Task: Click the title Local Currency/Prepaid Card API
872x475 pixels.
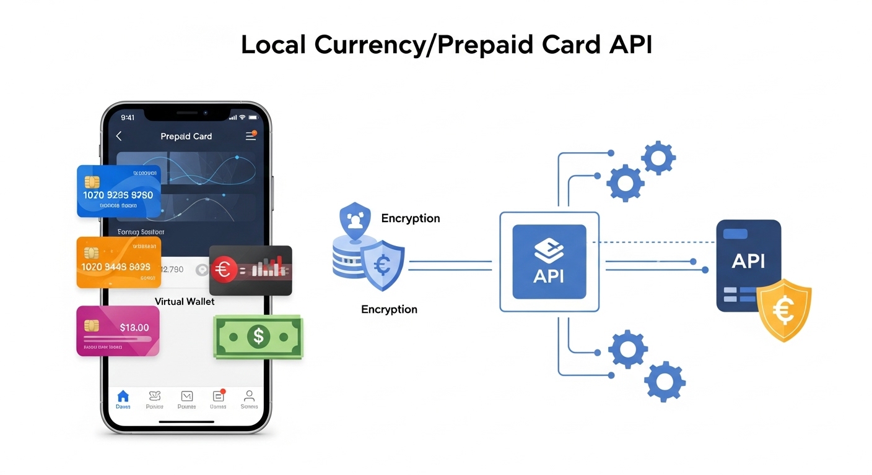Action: (x=447, y=45)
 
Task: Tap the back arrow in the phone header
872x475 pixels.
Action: (x=119, y=136)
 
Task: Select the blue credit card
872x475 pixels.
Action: (x=118, y=191)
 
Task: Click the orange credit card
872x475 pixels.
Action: (x=118, y=262)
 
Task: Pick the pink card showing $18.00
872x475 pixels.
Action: (x=118, y=331)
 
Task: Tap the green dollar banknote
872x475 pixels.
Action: (x=258, y=336)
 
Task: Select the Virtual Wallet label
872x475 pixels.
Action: (x=185, y=301)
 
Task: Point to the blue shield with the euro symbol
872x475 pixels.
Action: (x=383, y=266)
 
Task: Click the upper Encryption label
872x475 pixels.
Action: (x=410, y=218)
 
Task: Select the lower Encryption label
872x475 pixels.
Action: (x=389, y=309)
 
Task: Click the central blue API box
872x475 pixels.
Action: (x=549, y=262)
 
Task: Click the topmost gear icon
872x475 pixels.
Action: (x=658, y=158)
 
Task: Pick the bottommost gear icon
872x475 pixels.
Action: (x=665, y=382)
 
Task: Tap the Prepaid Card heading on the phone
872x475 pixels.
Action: (x=186, y=136)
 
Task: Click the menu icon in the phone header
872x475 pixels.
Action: (x=250, y=136)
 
